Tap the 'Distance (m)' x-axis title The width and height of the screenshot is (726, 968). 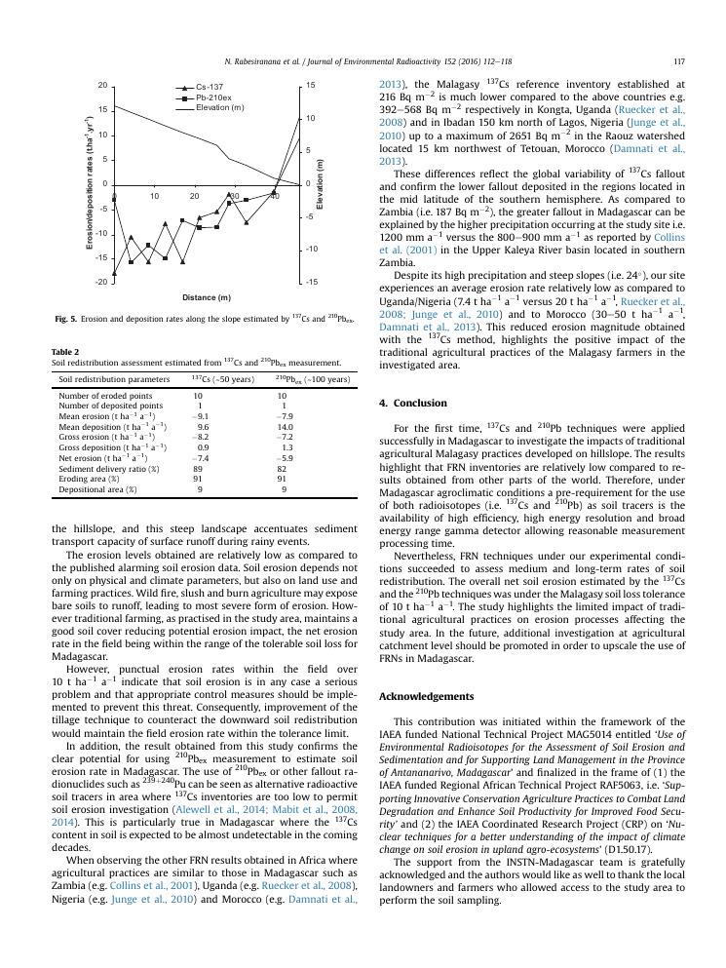[206, 297]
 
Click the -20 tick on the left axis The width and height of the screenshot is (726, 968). [102, 283]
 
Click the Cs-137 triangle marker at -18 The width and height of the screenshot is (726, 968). [114, 274]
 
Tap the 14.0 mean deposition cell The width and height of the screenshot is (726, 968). [286, 426]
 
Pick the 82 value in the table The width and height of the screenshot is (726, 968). [283, 468]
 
